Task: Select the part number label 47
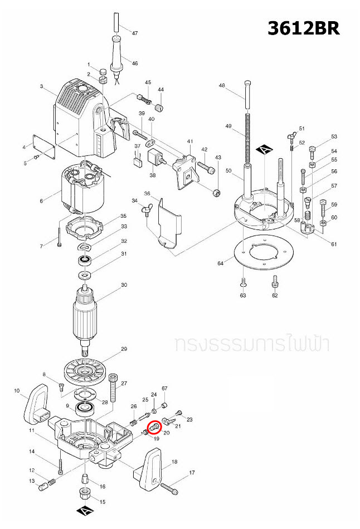pyautogui.click(x=134, y=33)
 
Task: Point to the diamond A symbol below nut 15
pyautogui.click(x=84, y=512)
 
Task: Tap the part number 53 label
pyautogui.click(x=334, y=136)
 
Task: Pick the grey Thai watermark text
pyautogui.click(x=251, y=344)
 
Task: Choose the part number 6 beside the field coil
pyautogui.click(x=41, y=201)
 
